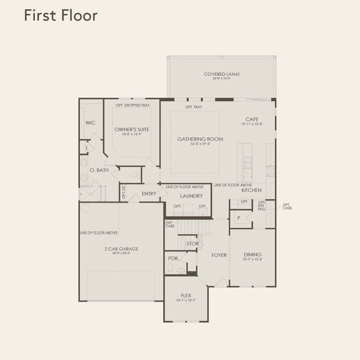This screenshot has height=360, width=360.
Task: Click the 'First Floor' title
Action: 61,15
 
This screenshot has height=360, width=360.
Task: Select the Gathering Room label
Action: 200,139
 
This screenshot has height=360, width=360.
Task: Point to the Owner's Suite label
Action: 132,130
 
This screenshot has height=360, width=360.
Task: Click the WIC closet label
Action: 90,123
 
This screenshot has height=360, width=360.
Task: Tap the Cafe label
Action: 251,119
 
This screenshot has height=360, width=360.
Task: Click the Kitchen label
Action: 251,190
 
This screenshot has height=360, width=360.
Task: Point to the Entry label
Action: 149,193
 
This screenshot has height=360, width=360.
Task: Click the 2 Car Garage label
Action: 121,249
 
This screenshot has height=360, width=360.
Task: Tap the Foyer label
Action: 219,255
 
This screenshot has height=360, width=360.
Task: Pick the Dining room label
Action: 253,254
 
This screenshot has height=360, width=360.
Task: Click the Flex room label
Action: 186,295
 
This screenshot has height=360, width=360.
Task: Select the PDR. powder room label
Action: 173,259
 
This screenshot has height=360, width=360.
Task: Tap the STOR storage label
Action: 193,244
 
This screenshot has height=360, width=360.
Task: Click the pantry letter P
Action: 238,218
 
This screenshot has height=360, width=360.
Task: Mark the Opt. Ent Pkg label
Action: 262,206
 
